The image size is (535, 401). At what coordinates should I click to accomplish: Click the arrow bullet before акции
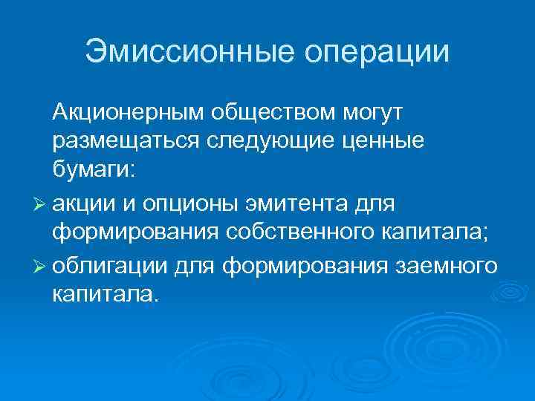(40, 203)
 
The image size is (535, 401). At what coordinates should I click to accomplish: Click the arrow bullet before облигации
(40, 263)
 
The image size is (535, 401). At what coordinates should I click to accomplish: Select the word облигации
(111, 263)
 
